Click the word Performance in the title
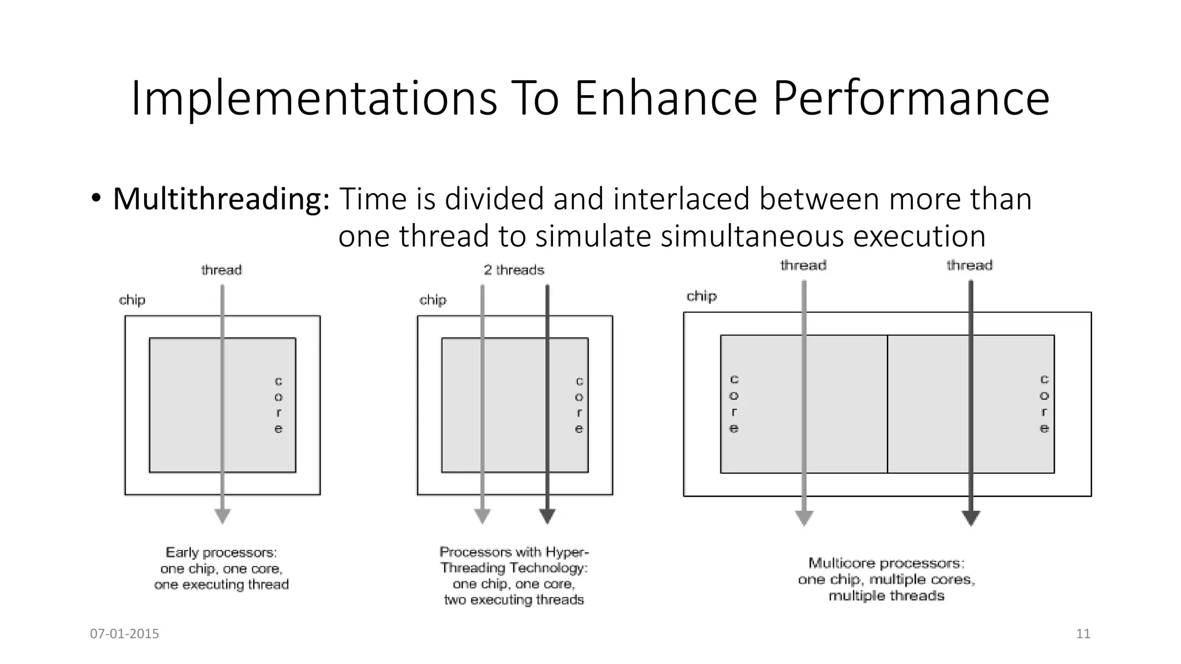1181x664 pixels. click(x=911, y=99)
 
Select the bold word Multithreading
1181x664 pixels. click(x=221, y=199)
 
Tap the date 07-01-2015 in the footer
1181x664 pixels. click(x=125, y=634)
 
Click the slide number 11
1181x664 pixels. click(x=1083, y=634)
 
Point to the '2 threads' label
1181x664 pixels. click(x=514, y=270)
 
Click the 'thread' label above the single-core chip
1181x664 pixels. click(x=221, y=270)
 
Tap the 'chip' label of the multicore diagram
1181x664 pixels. click(x=701, y=296)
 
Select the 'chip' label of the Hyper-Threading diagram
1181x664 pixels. click(x=432, y=300)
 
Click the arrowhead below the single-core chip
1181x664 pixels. click(x=223, y=516)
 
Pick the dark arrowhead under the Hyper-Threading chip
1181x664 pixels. click(x=547, y=516)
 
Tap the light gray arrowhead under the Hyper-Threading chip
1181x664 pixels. click(x=482, y=516)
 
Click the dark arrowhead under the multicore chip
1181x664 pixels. click(x=971, y=518)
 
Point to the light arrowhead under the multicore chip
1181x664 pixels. click(x=804, y=518)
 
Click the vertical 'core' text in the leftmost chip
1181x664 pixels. click(x=279, y=405)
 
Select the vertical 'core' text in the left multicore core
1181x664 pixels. click(x=734, y=403)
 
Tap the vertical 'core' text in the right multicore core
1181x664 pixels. click(x=1044, y=403)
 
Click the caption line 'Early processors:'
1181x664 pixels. click(x=221, y=552)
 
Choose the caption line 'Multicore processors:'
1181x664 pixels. click(x=886, y=563)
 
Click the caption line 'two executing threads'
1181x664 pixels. click(x=514, y=600)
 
